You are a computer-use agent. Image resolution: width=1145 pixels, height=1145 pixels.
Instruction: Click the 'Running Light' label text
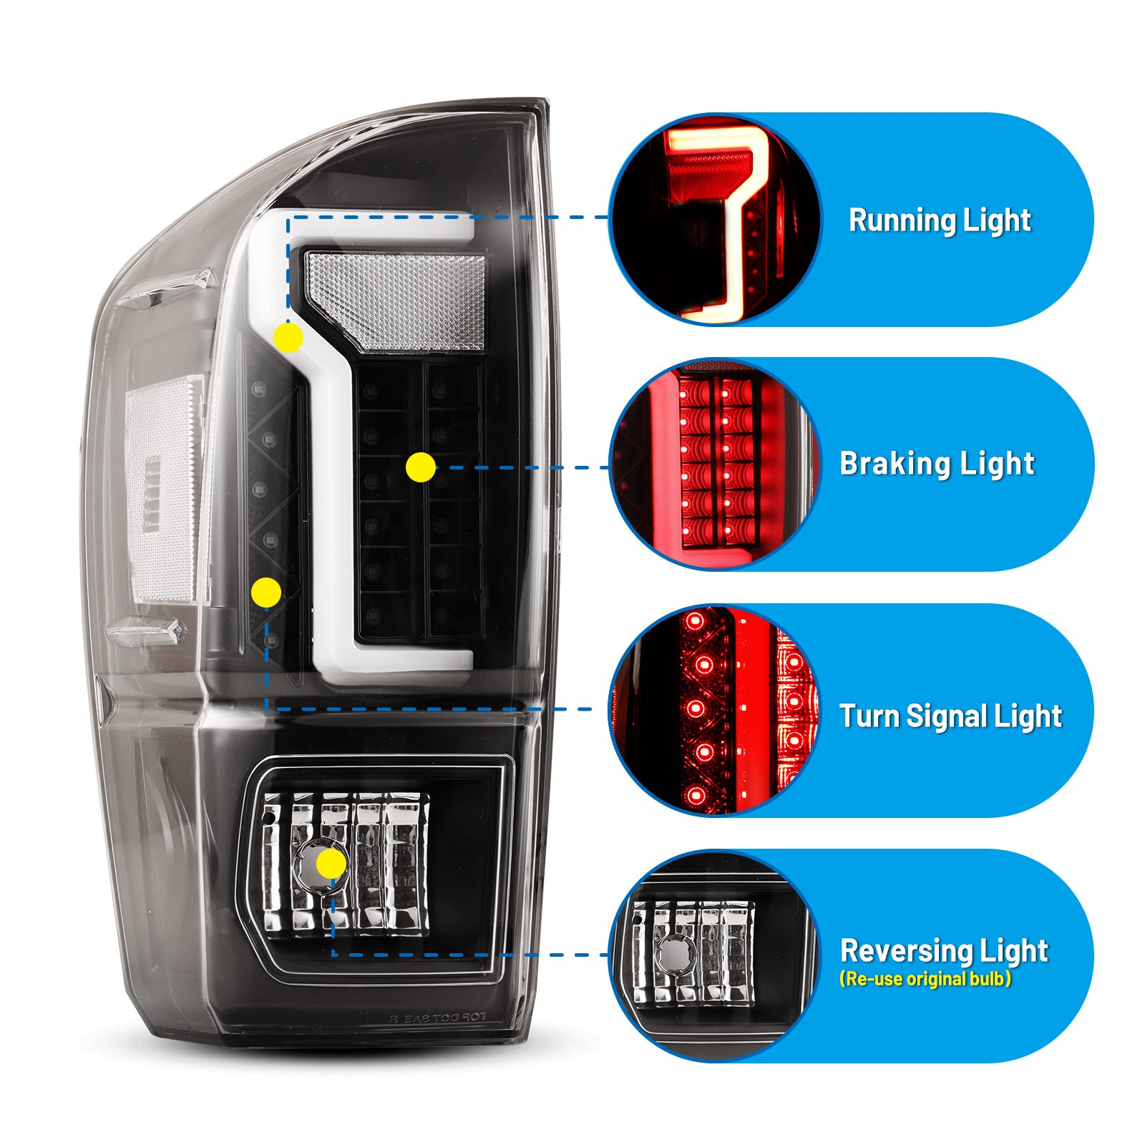[940, 220]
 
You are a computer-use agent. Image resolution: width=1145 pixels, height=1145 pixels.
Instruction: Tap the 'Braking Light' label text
[937, 463]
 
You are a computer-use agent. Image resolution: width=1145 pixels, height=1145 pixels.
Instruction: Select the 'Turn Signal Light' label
[950, 716]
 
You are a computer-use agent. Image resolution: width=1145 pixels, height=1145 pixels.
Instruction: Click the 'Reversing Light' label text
[944, 950]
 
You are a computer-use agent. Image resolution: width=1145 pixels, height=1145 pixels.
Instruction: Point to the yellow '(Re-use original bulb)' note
[925, 978]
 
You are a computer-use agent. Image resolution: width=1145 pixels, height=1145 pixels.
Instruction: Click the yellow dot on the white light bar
[288, 337]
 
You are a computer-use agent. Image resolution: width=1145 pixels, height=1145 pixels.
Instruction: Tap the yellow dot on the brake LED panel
[420, 467]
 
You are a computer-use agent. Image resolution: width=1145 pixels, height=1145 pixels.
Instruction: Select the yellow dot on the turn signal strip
[266, 593]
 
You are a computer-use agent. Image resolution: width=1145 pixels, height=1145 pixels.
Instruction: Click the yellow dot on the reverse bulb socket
[331, 864]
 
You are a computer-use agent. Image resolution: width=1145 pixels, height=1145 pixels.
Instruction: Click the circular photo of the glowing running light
[715, 220]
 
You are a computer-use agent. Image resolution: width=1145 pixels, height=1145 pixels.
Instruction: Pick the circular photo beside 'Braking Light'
[715, 464]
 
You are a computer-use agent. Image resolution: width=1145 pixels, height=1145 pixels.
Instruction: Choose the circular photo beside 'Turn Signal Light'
[715, 710]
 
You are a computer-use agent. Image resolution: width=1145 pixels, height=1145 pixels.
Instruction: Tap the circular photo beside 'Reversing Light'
[715, 955]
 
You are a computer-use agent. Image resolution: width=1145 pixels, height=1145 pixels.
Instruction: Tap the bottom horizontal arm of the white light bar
[401, 659]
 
